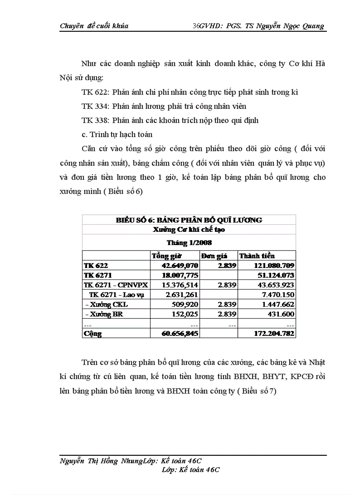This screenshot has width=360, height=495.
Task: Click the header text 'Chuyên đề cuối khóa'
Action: [94, 26]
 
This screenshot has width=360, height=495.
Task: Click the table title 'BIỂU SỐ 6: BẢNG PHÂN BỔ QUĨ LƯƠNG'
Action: [189, 220]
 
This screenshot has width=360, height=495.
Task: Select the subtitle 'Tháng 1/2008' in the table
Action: [189, 242]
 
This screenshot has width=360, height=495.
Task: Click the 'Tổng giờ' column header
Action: [165, 256]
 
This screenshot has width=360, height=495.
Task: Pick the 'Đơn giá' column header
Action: [214, 256]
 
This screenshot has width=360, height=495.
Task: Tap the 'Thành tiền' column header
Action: [257, 256]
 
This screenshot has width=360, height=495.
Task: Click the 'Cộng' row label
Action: [92, 334]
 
